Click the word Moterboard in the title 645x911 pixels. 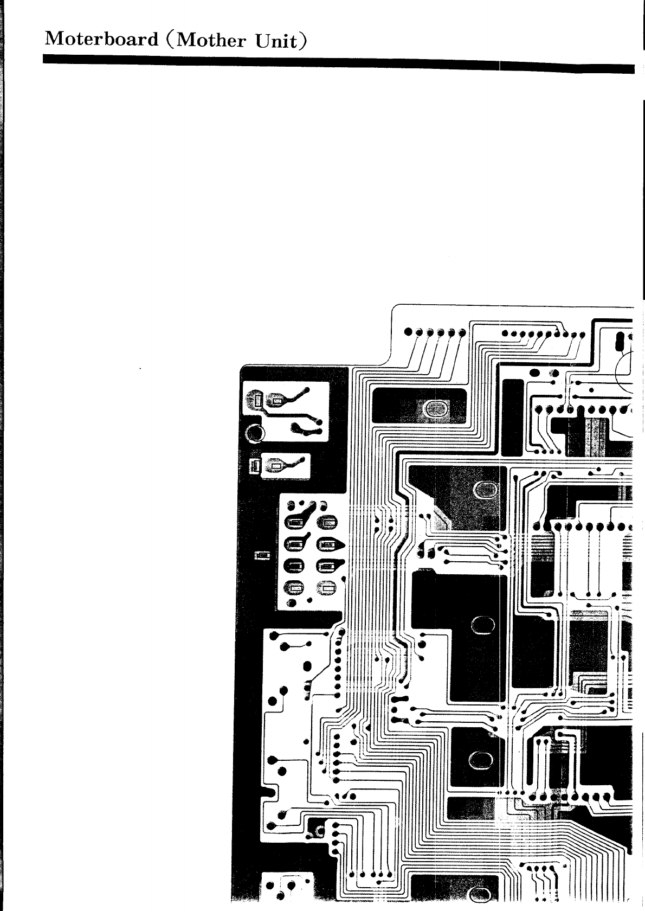click(x=102, y=39)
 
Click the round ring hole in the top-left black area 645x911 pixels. click(x=254, y=433)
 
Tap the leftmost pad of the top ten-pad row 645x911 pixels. click(x=505, y=333)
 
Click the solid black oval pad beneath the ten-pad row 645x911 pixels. click(x=534, y=373)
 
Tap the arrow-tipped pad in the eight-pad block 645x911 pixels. click(x=330, y=544)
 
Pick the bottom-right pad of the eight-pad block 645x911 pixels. click(x=327, y=587)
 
